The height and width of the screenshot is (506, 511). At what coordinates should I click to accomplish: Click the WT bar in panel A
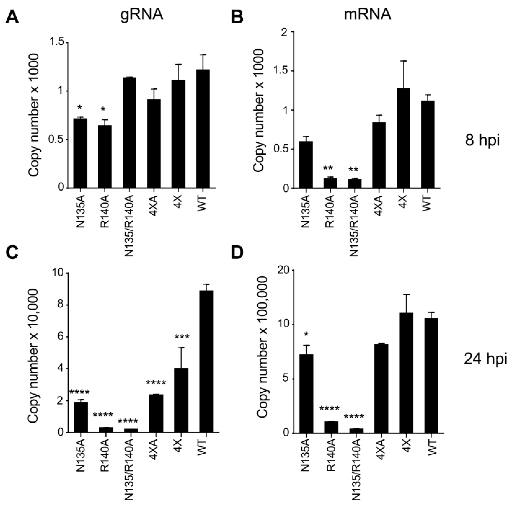(x=203, y=129)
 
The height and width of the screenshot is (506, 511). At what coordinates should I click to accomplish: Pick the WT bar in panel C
(x=206, y=361)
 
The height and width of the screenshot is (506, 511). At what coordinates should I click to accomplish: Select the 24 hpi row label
(x=486, y=359)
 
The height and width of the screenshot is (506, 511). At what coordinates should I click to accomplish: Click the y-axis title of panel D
(x=263, y=352)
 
